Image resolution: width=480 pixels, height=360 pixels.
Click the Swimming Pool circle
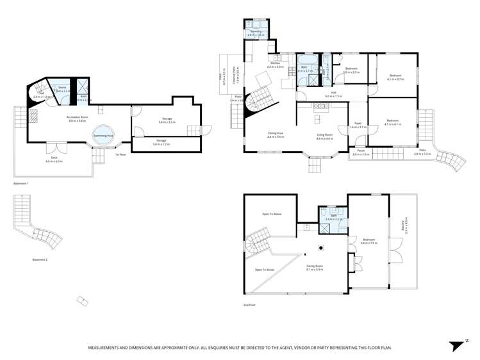103,135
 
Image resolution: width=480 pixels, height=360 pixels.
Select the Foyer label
358,126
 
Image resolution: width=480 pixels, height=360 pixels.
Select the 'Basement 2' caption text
40,259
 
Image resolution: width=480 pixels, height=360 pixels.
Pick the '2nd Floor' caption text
250,306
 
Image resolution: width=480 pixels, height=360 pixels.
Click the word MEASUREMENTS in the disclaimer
108,347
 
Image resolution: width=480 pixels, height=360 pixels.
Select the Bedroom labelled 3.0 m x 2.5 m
351,70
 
